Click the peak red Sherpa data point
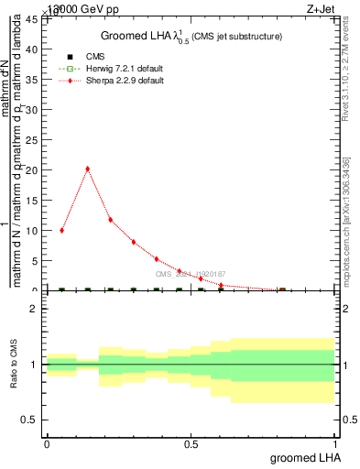point(87,169)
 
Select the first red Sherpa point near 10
point(61,230)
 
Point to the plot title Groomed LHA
point(191,36)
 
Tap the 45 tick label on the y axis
point(31,19)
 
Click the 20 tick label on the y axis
point(31,170)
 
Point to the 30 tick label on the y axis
point(31,110)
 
